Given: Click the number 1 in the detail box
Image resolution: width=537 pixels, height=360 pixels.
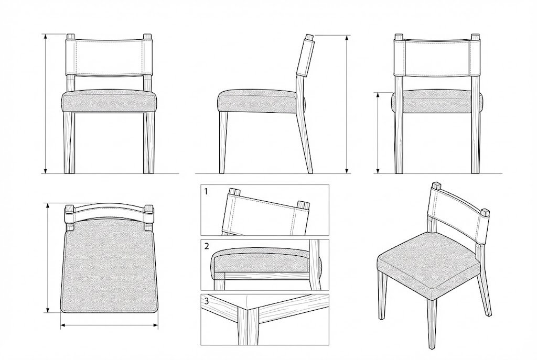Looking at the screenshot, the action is coord(206,192).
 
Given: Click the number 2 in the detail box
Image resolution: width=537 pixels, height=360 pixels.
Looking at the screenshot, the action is coord(206,246).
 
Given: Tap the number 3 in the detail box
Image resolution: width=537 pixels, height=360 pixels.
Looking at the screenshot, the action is coord(206,301).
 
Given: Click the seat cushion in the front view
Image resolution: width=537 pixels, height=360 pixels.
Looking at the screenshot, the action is coord(109,101).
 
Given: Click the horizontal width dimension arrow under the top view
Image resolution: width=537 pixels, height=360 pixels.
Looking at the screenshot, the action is coord(109,325).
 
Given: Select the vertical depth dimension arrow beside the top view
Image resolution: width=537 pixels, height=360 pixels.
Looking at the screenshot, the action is coord(48,257).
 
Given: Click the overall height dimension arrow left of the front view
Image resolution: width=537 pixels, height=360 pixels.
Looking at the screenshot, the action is coord(45,104).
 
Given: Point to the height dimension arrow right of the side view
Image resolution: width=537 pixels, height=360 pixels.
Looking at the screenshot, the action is coord(347,104).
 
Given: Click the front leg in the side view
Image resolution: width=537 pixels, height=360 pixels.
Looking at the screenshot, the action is coord(223,143).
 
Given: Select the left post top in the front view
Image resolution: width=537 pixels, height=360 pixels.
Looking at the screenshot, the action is coord(71,36).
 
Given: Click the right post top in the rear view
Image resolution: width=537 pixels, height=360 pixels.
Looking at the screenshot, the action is coord(475,36).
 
